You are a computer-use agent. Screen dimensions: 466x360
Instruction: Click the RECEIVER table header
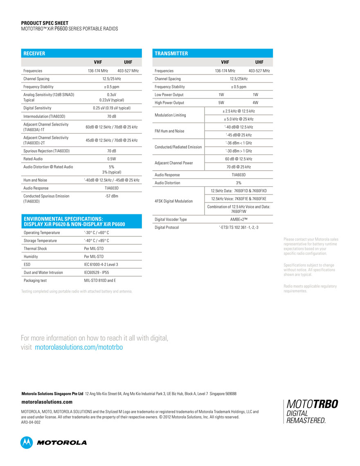pyautogui.click(x=34, y=53)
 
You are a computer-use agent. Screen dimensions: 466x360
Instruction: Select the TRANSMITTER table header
pyautogui.click(x=171, y=53)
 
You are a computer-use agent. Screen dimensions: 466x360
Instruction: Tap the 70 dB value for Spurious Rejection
pyautogui.click(x=112, y=151)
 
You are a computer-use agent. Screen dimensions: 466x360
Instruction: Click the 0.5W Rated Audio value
pyautogui.click(x=112, y=159)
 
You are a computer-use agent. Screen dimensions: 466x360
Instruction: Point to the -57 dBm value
pyautogui.click(x=112, y=196)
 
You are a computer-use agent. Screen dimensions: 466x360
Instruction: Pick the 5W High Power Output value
pyautogui.click(x=221, y=103)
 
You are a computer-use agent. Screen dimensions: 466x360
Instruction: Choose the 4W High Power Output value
pyautogui.click(x=255, y=103)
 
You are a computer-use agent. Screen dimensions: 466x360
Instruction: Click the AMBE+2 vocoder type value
pyautogui.click(x=239, y=219)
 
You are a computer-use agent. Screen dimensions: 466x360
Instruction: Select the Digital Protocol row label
pyautogui.click(x=166, y=227)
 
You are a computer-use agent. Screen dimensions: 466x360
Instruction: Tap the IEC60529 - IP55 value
pyautogui.click(x=97, y=272)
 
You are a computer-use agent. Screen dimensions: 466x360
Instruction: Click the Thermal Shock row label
pyautogui.click(x=35, y=248)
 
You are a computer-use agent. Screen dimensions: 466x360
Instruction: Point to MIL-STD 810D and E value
pyautogui.click(x=100, y=280)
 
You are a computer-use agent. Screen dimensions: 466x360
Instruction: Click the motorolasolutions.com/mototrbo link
pyautogui.click(x=79, y=347)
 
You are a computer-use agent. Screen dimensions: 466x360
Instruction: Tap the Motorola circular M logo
pyautogui.click(x=27, y=442)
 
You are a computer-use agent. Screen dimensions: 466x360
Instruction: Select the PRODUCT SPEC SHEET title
pyautogui.click(x=45, y=23)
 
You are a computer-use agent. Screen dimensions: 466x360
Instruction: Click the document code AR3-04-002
pyautogui.click(x=31, y=422)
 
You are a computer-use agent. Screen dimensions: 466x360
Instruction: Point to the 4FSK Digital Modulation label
pyautogui.click(x=174, y=201)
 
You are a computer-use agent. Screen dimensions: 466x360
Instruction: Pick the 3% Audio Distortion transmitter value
pyautogui.click(x=239, y=183)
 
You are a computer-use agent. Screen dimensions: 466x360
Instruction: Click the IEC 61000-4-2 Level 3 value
pyautogui.click(x=101, y=264)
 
